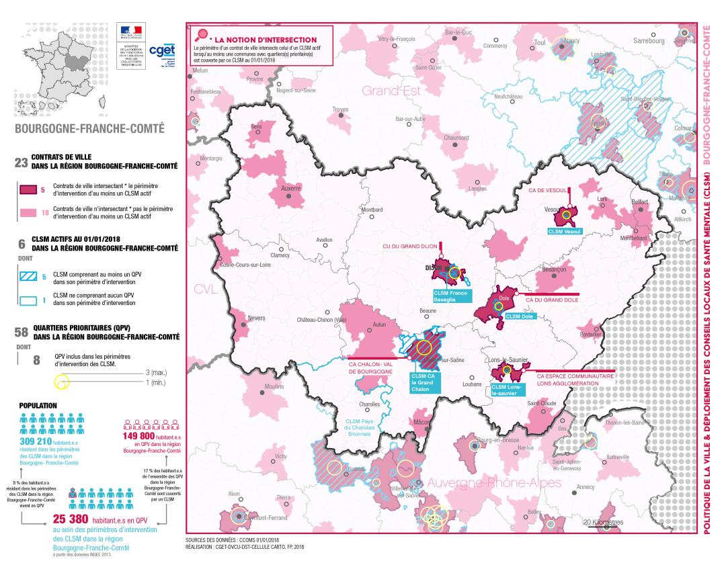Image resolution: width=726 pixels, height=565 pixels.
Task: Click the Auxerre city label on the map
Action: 291,188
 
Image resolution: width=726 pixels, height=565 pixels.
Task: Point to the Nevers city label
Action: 256,318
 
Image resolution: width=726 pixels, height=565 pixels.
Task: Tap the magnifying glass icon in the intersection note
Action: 201,36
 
